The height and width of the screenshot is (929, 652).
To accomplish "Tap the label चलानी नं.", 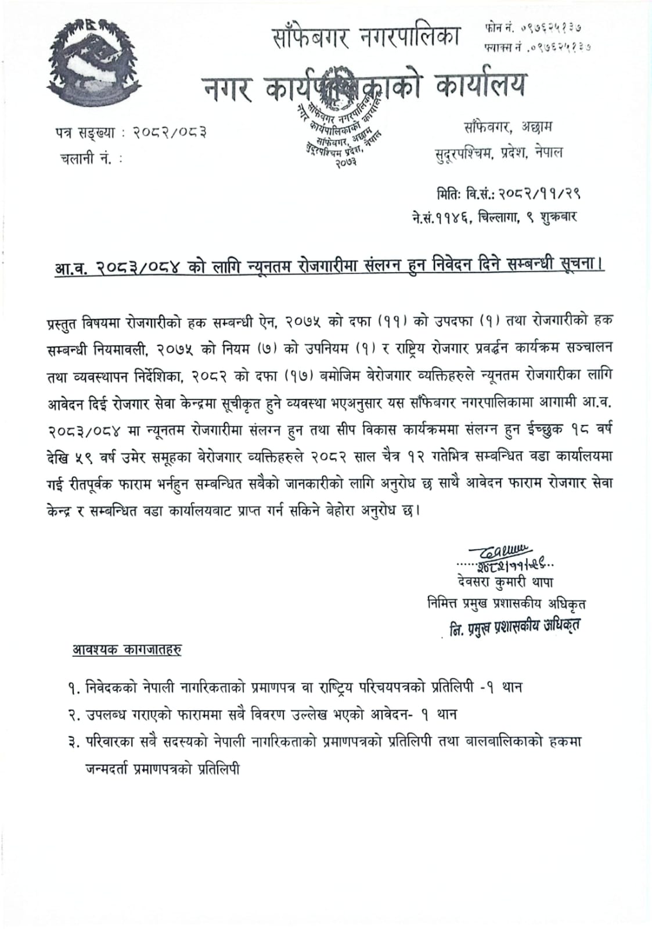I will click(x=87, y=158).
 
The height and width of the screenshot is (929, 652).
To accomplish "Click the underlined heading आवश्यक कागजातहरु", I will click(x=126, y=650).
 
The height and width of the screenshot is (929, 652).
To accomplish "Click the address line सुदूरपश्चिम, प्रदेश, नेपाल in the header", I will click(x=499, y=153).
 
